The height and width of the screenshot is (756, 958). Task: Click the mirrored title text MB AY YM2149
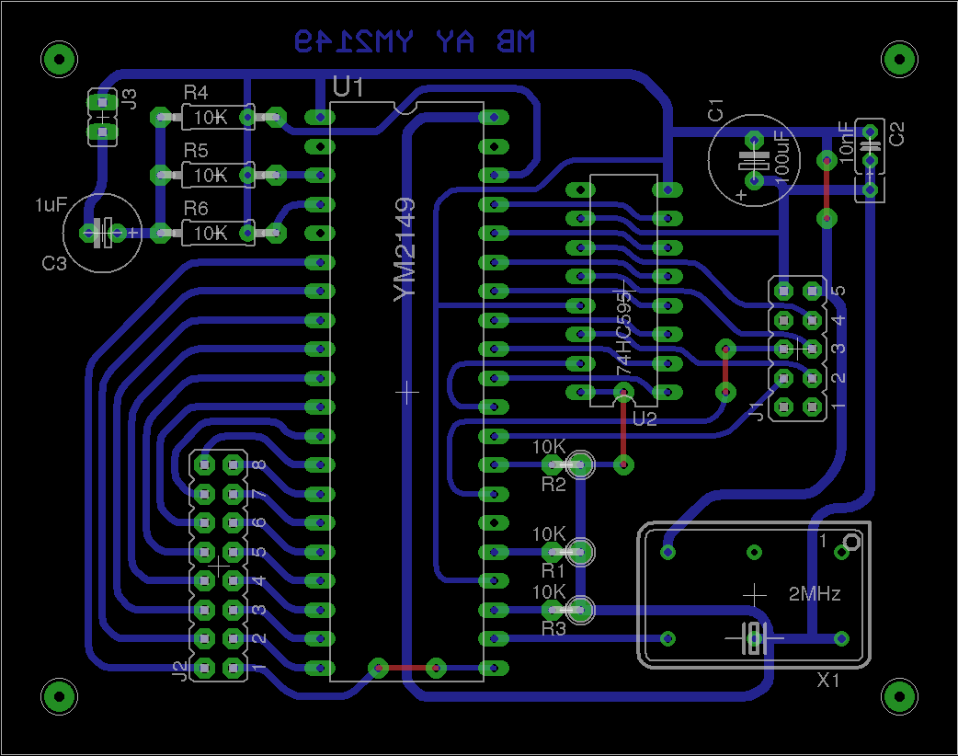pos(414,41)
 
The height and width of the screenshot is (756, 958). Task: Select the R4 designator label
pos(196,93)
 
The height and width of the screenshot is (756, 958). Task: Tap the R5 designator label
pos(196,150)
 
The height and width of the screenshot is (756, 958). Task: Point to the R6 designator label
pos(196,209)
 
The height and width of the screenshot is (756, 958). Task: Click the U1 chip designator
pos(348,88)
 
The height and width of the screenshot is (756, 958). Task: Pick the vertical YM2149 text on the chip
pos(404,249)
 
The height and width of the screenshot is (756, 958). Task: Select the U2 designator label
pos(644,419)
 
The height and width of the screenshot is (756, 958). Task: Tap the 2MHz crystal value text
pos(815,594)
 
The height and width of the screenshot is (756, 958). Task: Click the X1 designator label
pos(829,681)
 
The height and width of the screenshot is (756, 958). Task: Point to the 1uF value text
pos(51,204)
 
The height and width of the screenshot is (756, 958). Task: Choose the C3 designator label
pos(54,264)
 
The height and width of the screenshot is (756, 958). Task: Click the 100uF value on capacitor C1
pos(782,156)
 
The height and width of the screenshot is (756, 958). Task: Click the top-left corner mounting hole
pos(59,61)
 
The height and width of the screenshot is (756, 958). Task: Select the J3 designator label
pos(130,99)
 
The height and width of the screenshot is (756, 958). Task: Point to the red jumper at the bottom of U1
pos(406,668)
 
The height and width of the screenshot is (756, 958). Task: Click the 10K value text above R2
pos(549,446)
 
